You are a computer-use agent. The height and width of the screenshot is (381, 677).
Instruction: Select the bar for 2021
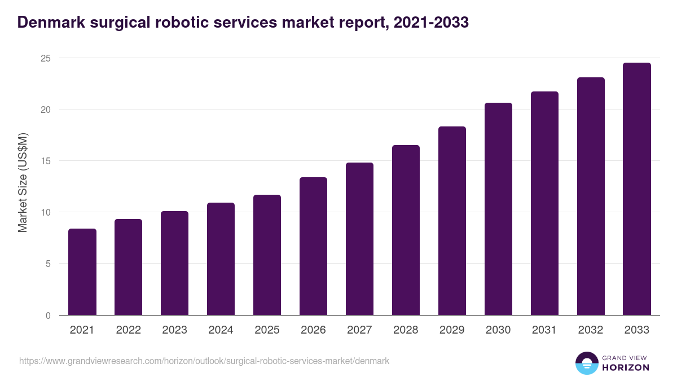tap(82, 272)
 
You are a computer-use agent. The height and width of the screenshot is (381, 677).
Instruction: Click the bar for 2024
tap(221, 259)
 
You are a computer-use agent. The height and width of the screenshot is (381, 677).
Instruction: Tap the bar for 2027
tap(359, 239)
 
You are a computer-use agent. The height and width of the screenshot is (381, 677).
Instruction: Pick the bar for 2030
tap(498, 209)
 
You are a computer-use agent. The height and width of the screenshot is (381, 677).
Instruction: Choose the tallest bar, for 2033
tap(637, 189)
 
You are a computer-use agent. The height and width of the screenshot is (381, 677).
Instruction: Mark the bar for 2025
tap(267, 255)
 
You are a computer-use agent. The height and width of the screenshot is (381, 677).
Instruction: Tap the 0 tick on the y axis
tap(48, 316)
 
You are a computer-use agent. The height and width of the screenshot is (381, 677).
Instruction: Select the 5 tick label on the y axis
tap(48, 264)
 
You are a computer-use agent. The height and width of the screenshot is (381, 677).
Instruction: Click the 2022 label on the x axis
tap(129, 330)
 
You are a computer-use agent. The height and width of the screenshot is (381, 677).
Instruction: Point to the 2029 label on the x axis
tap(452, 330)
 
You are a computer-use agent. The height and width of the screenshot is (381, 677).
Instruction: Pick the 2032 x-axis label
tap(591, 330)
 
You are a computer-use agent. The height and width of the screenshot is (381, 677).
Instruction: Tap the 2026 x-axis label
tap(313, 330)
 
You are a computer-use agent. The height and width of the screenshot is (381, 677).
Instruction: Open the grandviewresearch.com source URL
tap(204, 361)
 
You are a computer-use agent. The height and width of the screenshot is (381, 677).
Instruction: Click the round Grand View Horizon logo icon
tap(587, 363)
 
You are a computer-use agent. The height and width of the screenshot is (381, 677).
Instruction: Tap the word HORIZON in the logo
tap(625, 367)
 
